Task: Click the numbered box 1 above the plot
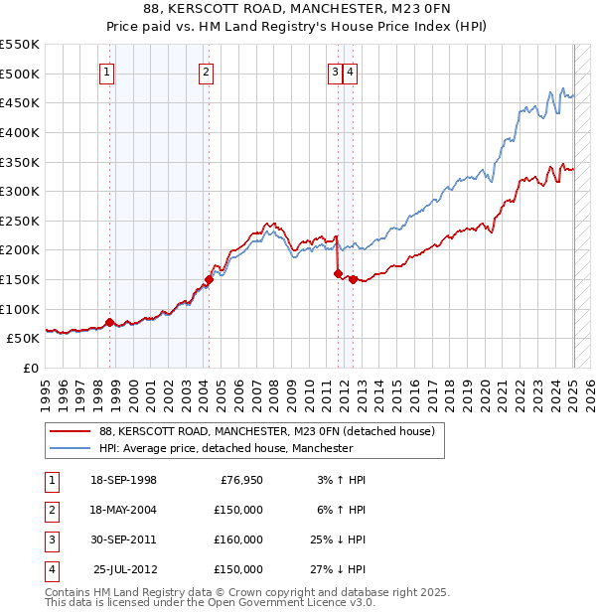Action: pos(105,71)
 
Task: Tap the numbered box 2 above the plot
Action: pos(205,71)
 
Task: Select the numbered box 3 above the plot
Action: pos(336,71)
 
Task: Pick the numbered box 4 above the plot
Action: pos(352,71)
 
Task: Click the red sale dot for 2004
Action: pos(210,279)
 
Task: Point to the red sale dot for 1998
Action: pos(109,322)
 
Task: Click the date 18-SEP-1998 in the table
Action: pos(123,480)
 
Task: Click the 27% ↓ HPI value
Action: pos(338,569)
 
